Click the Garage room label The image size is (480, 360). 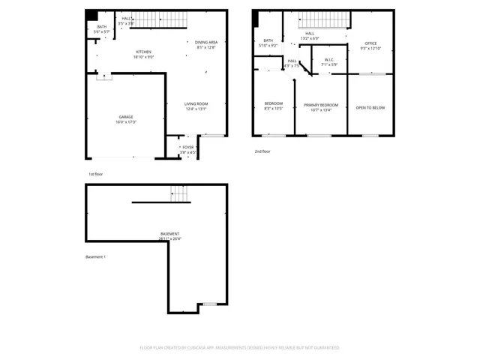click(125, 117)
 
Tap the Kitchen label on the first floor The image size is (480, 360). click(144, 52)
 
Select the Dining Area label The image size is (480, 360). click(205, 43)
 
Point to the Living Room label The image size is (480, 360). click(196, 103)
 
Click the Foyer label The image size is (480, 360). click(187, 147)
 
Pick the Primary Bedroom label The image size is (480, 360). click(321, 104)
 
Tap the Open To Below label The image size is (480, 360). click(370, 108)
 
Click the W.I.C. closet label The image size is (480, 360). click(329, 59)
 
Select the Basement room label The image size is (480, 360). click(169, 234)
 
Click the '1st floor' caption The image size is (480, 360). click(95, 174)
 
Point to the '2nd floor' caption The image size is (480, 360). click(262, 151)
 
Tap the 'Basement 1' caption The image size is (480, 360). click(95, 257)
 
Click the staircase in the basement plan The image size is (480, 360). click(178, 193)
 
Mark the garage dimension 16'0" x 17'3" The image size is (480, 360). click(126, 121)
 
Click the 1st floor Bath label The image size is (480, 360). click(101, 28)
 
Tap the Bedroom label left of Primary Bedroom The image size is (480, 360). click(273, 103)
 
